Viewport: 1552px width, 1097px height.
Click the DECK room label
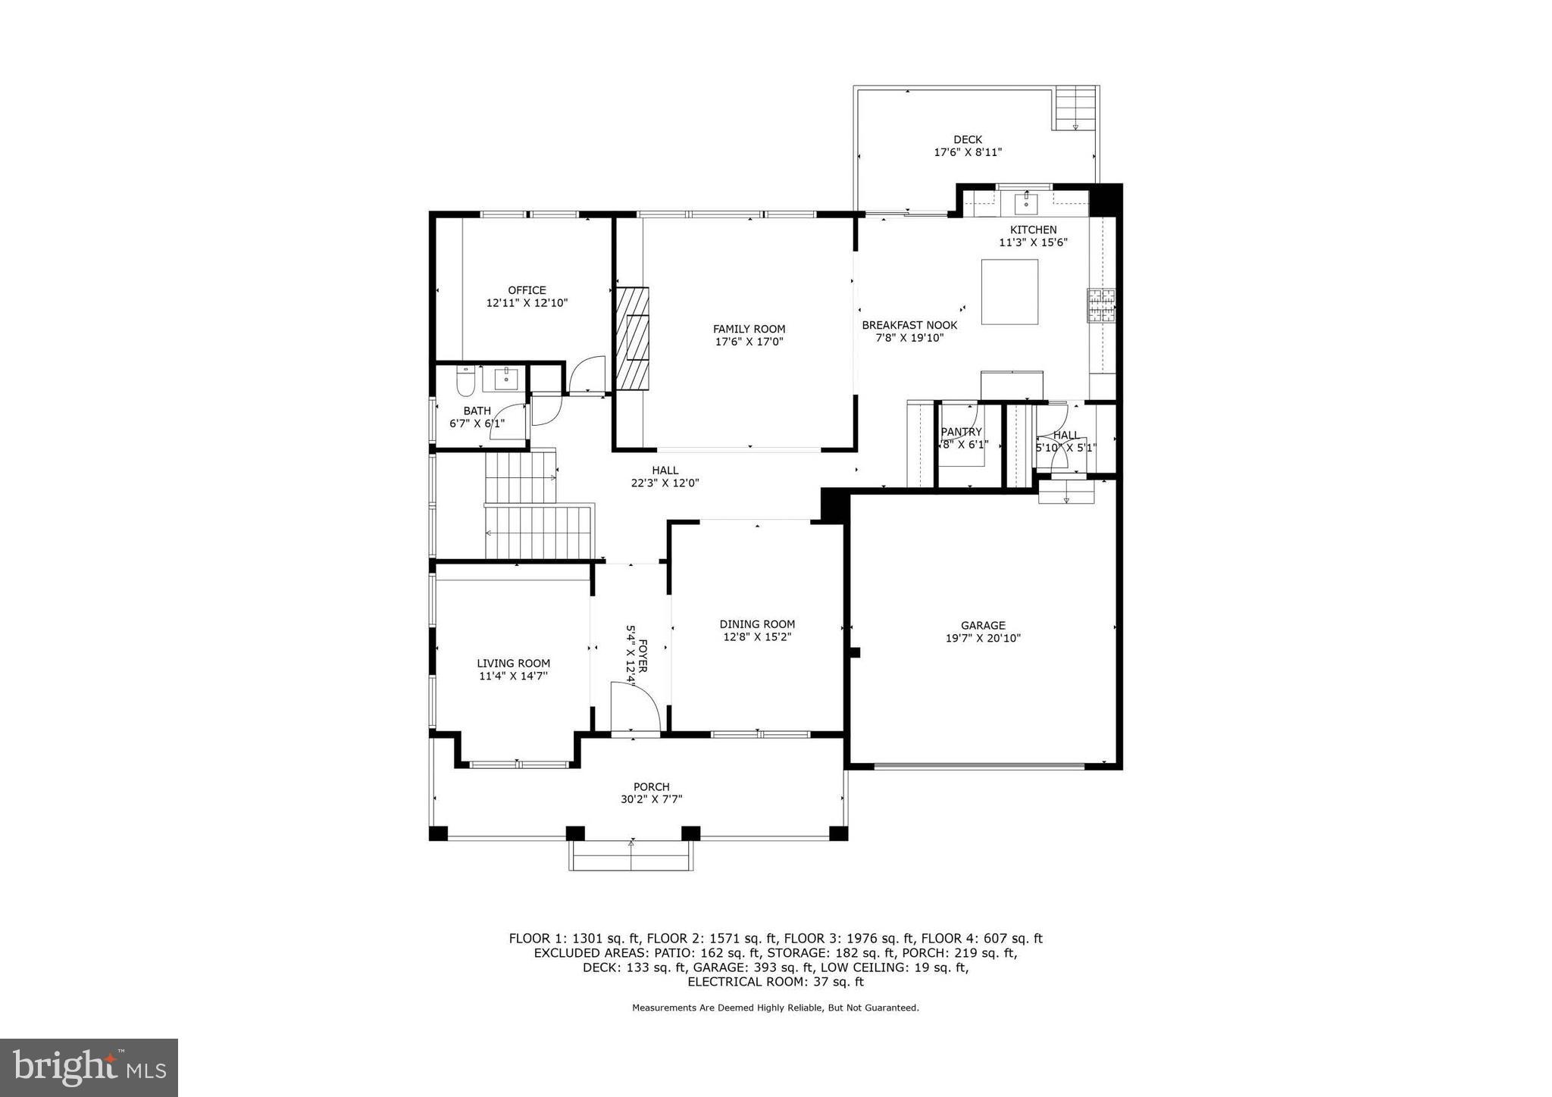967,139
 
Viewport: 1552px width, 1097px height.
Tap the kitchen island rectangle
1009,292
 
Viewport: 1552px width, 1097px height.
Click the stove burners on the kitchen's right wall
1101,305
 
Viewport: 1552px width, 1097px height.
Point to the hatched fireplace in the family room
632,338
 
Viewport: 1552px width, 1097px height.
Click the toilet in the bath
465,381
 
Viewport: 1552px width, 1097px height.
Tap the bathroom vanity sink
505,378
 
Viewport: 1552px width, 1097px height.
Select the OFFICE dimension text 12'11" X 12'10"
527,303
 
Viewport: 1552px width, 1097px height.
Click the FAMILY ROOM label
749,329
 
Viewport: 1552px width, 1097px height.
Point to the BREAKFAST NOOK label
909,325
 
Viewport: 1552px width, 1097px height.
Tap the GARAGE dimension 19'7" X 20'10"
983,638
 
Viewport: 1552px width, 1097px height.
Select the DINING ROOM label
757,624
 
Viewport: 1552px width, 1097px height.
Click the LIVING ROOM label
513,663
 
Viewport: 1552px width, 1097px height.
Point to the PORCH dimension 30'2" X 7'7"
651,799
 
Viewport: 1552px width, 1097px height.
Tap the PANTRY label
961,432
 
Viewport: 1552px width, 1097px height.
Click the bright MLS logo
89,1067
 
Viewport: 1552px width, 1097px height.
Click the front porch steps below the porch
631,856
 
